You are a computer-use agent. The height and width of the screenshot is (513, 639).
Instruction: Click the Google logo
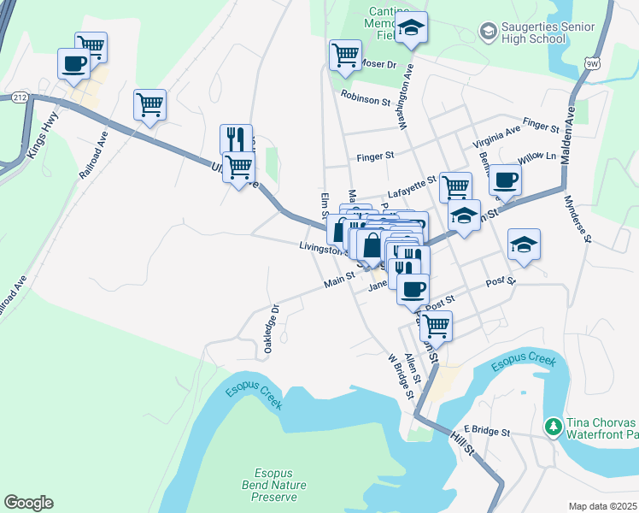28,503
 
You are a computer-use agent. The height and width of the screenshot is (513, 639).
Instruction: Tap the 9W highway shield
591,62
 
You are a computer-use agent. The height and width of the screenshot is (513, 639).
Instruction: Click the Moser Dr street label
380,64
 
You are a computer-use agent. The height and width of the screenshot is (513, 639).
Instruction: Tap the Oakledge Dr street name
270,330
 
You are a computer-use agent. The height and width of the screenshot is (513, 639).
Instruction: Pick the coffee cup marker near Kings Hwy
73,63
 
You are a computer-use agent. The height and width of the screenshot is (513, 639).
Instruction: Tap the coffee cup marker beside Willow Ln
505,180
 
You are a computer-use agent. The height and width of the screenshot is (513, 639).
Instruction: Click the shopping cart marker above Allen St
436,326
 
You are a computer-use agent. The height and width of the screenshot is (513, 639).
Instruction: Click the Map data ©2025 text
602,506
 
